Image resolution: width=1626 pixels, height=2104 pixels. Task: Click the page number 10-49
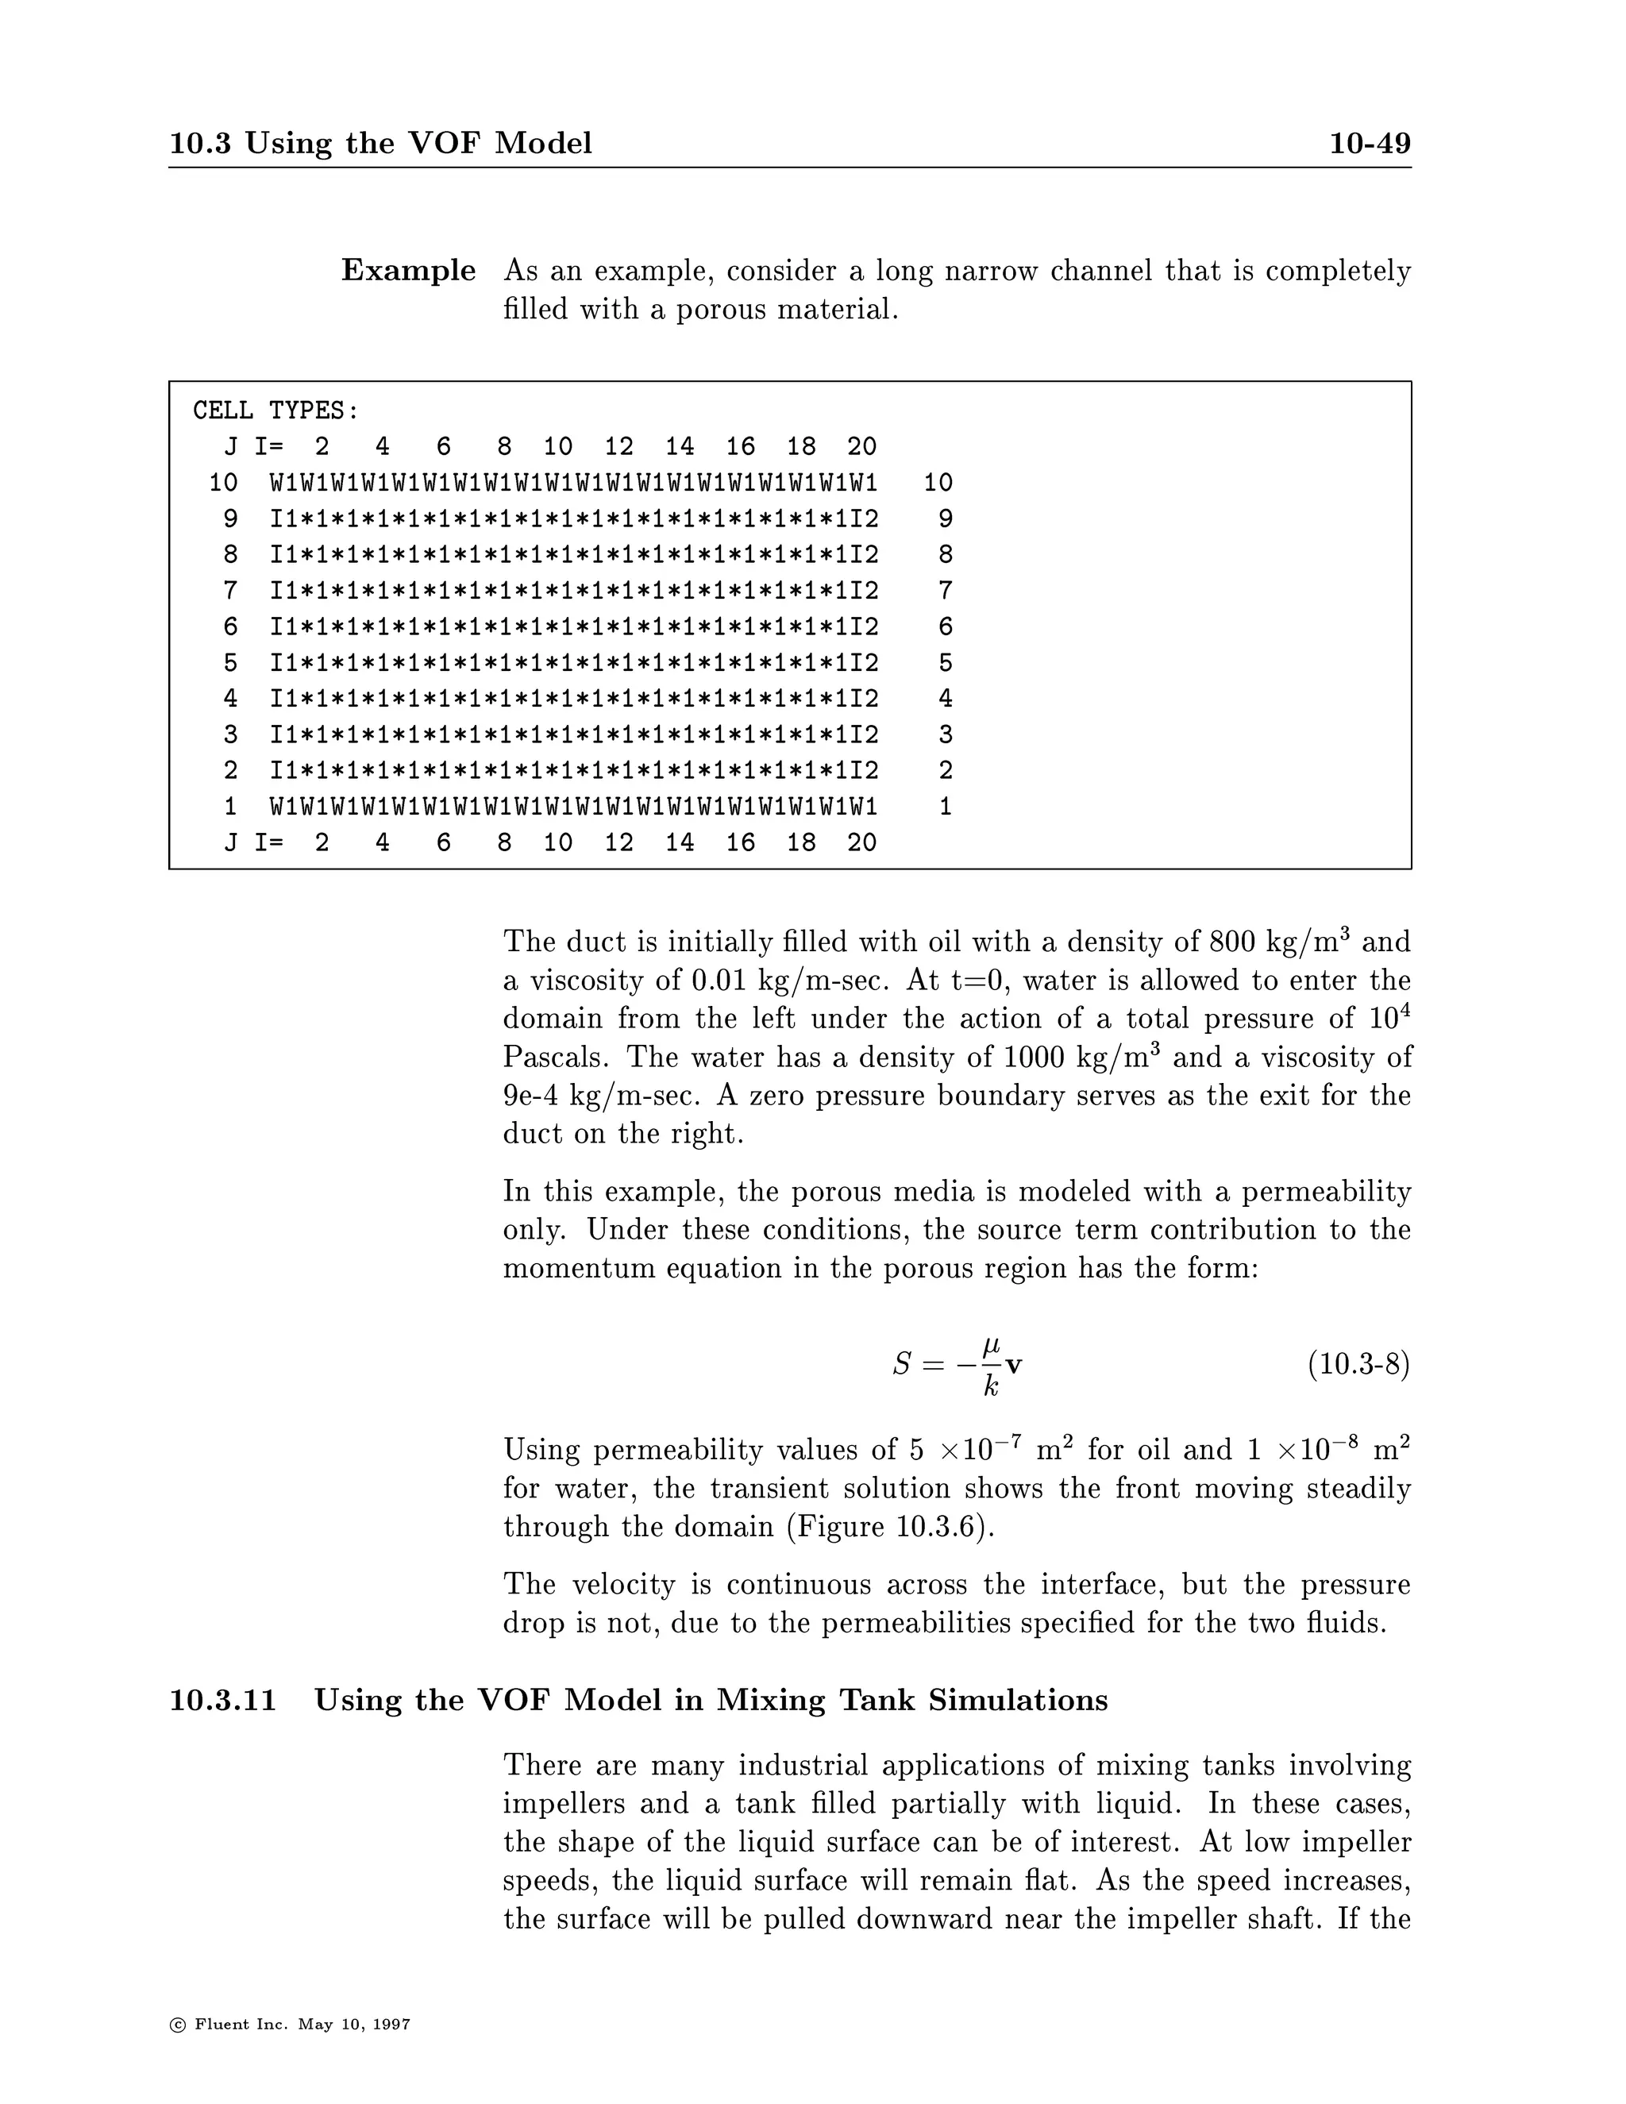coord(1370,144)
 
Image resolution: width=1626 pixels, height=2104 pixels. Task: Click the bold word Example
coord(408,271)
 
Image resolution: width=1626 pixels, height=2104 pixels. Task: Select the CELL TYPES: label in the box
coord(275,410)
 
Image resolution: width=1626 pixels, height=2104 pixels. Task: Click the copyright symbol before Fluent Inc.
coord(177,2024)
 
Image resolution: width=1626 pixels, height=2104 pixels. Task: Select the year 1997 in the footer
coord(392,2024)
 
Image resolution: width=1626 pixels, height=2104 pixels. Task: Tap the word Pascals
coord(555,1058)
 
